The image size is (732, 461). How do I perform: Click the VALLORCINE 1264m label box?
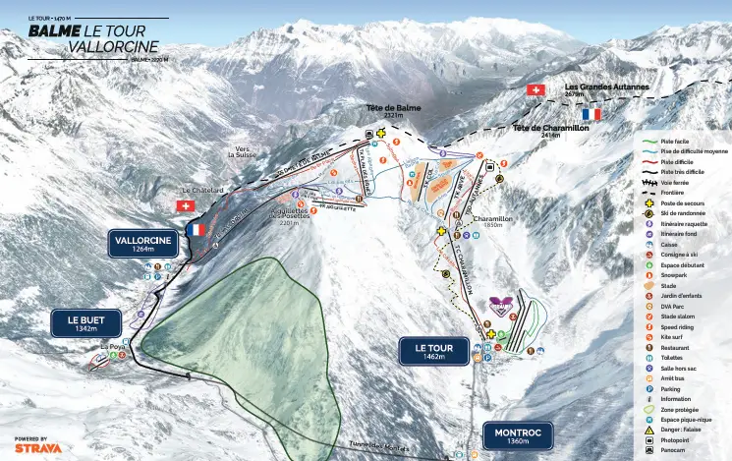tap(143, 244)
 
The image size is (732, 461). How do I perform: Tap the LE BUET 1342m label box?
tap(85, 323)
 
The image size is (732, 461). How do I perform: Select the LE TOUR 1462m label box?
tap(433, 351)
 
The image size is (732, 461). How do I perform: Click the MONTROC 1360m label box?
tap(518, 435)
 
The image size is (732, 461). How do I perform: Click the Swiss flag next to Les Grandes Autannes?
tap(535, 89)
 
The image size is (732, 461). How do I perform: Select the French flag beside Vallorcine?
tap(197, 229)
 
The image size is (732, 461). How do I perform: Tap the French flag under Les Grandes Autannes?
tap(591, 114)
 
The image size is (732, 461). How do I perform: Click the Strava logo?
tap(37, 447)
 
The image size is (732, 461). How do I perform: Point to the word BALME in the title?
tap(47, 31)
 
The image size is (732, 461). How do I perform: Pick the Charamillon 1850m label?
tap(493, 221)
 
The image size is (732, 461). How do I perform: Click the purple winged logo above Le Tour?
tap(501, 304)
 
